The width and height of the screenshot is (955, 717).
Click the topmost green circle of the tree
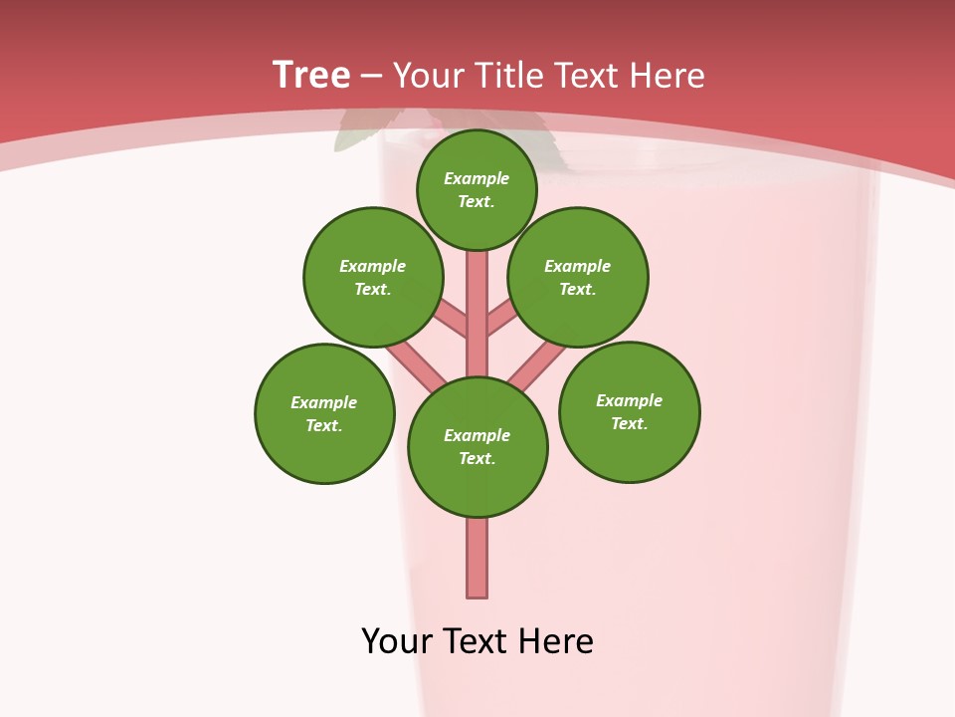point(477,189)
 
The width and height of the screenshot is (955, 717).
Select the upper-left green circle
point(373,277)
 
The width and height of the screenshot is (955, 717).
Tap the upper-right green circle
point(578,277)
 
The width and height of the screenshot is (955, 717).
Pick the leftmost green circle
point(324,413)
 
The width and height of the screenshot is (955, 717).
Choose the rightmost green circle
point(630,411)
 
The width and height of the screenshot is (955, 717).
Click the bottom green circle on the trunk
point(477,447)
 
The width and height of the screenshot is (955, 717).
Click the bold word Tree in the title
point(311,75)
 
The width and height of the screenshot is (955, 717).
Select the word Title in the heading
point(509,76)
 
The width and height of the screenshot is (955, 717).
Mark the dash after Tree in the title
point(371,76)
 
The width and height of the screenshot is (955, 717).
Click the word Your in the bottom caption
point(397,641)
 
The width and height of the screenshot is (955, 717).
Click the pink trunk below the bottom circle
point(477,558)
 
